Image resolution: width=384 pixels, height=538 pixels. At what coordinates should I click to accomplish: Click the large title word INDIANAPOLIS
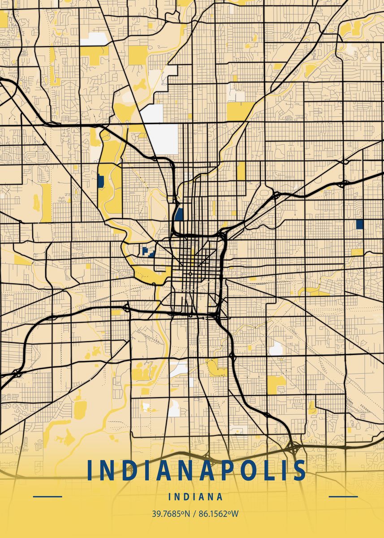(x=196, y=470)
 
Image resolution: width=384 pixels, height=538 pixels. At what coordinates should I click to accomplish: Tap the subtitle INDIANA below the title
(x=196, y=497)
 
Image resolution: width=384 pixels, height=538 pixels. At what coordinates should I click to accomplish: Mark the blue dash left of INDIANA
(x=47, y=497)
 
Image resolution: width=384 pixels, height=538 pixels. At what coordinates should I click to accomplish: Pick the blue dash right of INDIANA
(x=343, y=497)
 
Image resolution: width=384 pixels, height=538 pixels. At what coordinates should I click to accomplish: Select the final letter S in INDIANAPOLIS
(x=299, y=470)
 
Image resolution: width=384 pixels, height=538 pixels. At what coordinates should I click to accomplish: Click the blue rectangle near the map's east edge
(x=359, y=224)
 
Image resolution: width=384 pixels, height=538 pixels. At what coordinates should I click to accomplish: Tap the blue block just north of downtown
(x=179, y=214)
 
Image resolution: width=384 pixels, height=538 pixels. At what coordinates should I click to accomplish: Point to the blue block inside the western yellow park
(x=100, y=181)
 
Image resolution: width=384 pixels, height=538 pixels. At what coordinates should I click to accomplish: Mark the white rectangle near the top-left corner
(x=95, y=39)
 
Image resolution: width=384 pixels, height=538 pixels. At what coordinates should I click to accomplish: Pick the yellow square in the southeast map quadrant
(x=276, y=385)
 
